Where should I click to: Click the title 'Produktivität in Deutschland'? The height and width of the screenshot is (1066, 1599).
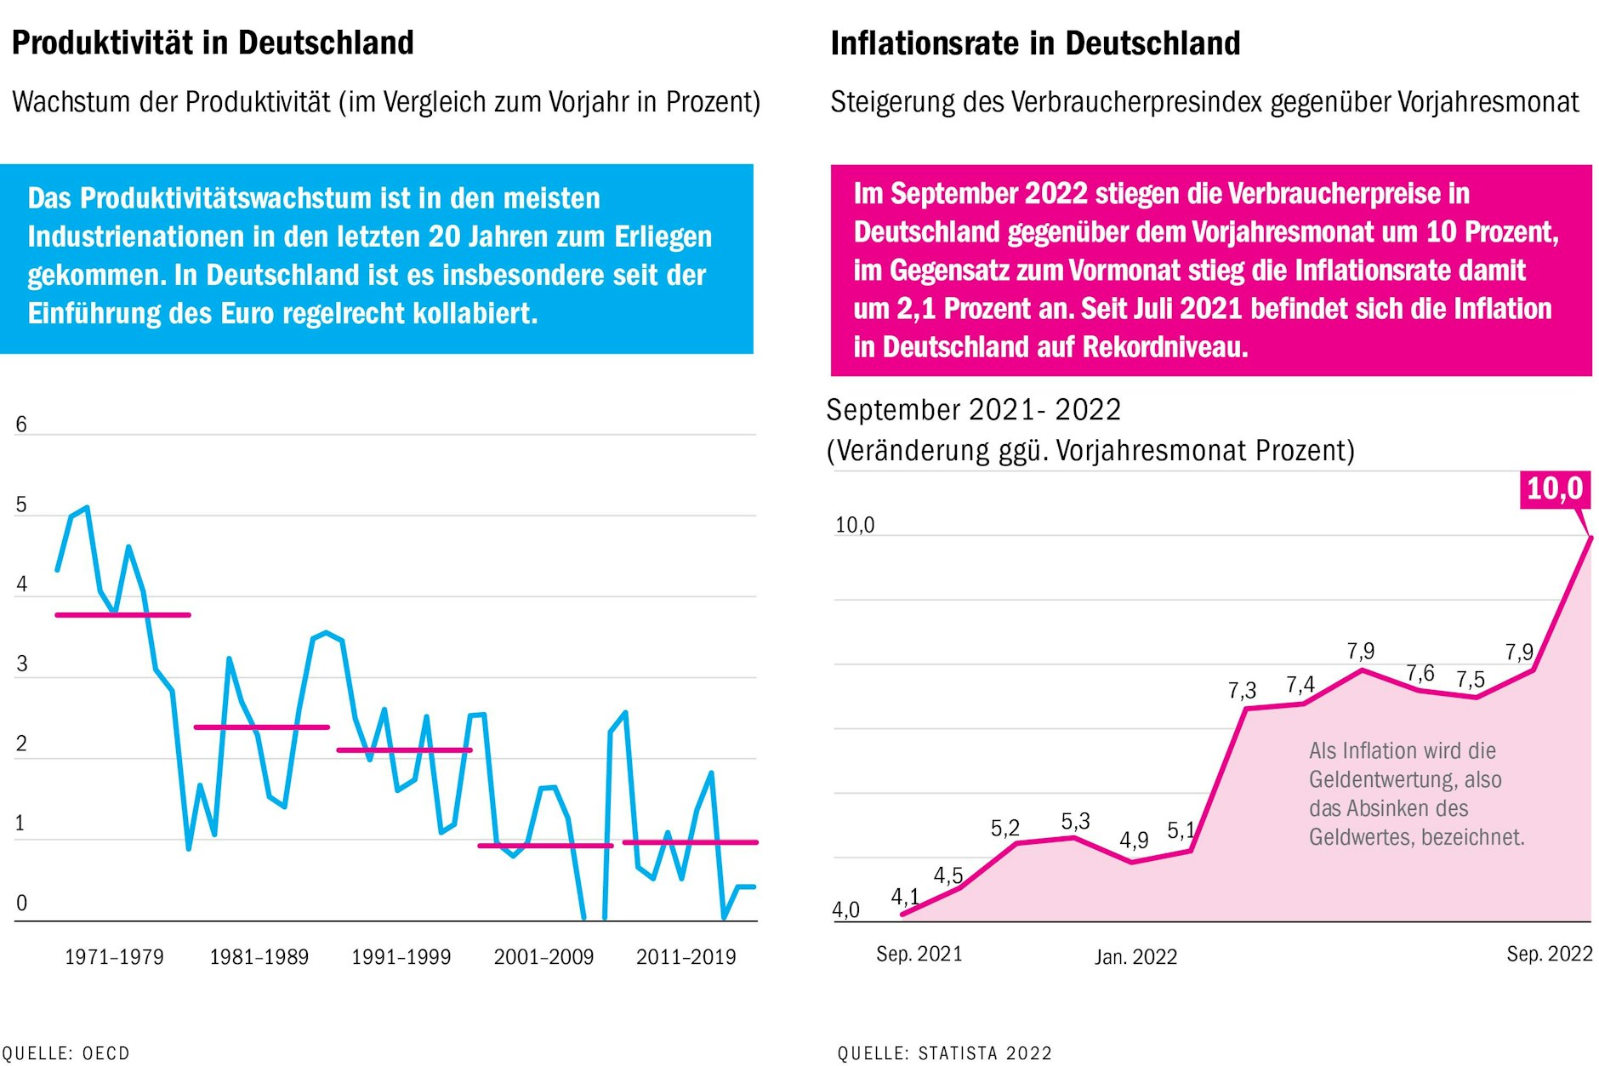213,43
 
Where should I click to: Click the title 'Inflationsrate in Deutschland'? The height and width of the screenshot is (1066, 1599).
1035,43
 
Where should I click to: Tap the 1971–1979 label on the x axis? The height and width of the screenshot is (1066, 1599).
114,957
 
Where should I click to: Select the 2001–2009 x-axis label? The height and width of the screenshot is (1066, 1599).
543,957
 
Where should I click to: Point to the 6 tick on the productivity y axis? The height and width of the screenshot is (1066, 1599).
21,425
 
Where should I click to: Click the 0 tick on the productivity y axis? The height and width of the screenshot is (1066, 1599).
21,903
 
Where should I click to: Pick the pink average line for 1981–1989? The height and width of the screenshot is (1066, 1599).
261,727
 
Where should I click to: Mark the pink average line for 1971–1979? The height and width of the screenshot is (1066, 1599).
122,614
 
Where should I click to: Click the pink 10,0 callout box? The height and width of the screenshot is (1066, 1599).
1554,489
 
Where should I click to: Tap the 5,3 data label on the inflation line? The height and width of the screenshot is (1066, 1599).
1075,821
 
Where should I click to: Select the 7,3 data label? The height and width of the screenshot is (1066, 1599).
1242,691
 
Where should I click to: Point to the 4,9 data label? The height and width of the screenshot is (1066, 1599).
1134,841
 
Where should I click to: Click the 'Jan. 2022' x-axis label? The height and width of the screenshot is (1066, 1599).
1135,957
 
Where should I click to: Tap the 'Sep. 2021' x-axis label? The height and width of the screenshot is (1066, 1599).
919,954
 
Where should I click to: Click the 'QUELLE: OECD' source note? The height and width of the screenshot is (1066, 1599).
65,1053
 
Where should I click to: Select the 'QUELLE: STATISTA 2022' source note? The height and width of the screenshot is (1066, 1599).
944,1053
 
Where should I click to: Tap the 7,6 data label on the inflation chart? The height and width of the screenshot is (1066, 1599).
1420,674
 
